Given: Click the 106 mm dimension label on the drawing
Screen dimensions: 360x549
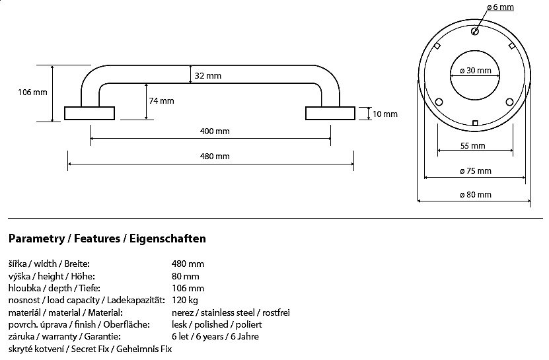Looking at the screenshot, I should click(32, 92).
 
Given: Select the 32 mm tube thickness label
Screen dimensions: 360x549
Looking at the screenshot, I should click(208, 76).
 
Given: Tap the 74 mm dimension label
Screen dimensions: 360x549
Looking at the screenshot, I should click(161, 101).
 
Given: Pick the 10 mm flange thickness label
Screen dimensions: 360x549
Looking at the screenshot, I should click(385, 114).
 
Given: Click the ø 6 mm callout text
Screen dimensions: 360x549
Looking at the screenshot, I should click(500, 8).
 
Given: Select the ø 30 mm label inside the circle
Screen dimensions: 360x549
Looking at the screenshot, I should click(474, 71).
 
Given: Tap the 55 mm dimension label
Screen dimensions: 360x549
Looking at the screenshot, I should click(473, 146).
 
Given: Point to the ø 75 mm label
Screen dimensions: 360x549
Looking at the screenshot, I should click(476, 171).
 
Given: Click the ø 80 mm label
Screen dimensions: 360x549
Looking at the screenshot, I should click(476, 194).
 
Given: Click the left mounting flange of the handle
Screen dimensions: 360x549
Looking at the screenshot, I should click(90, 113).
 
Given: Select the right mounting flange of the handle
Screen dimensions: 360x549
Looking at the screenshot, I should click(330, 113).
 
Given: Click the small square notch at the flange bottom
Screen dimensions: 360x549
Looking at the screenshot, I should click(475, 122).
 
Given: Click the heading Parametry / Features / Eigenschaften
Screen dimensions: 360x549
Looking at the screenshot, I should click(107, 238).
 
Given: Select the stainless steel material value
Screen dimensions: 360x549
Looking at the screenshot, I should click(231, 312).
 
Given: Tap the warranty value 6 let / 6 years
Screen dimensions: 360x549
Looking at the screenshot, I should click(215, 336).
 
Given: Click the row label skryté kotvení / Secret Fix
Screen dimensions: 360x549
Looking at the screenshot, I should click(90, 348).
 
